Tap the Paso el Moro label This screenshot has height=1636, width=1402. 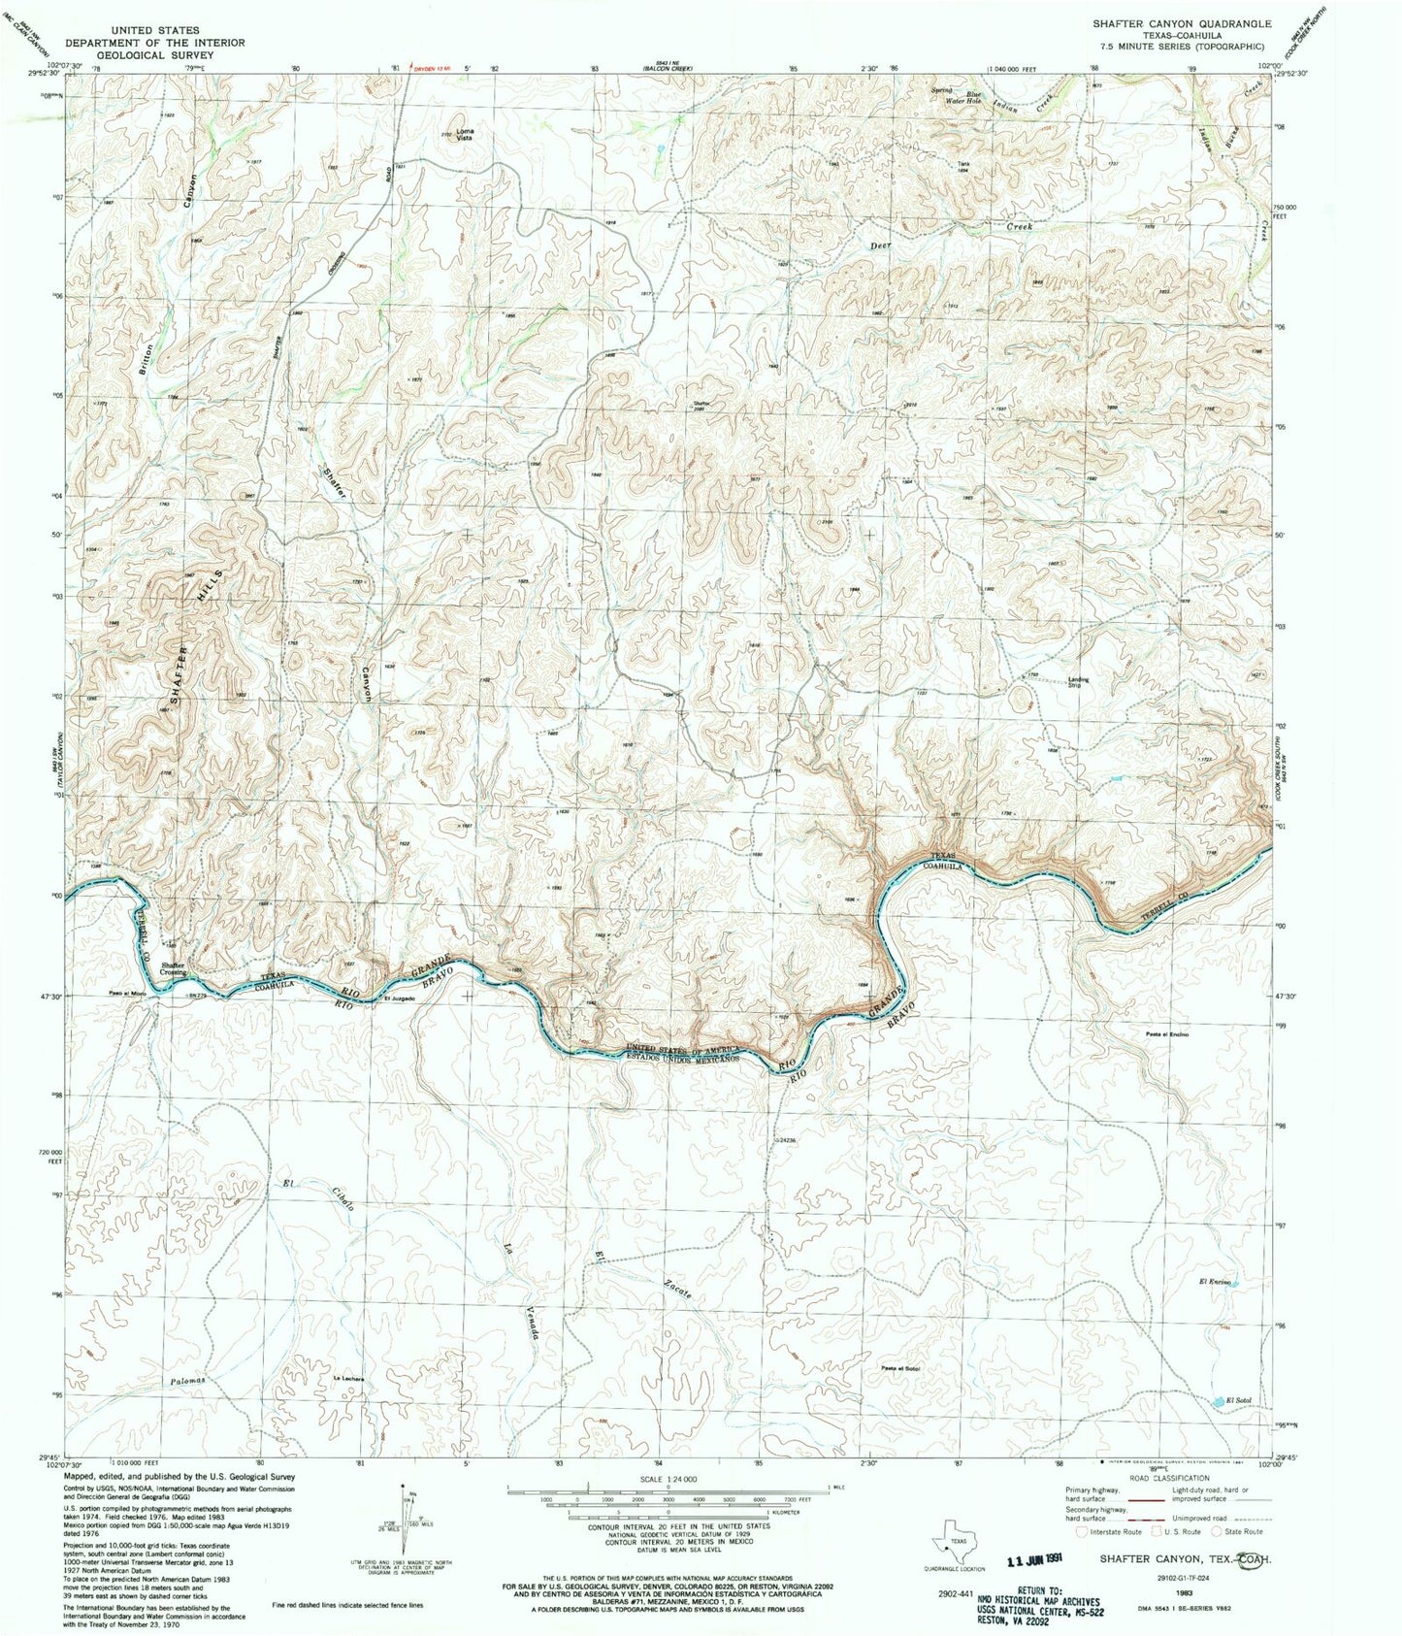(127, 994)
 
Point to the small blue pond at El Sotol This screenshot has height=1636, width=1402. (1217, 1400)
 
